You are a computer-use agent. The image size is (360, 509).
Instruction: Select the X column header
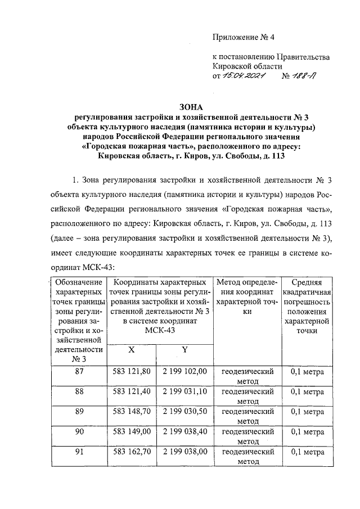pyautogui.click(x=132, y=349)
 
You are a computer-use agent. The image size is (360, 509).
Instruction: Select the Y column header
pyautogui.click(x=183, y=349)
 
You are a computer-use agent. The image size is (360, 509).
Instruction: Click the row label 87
pyautogui.click(x=79, y=372)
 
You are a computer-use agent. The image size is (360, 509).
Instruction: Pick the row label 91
pyautogui.click(x=79, y=452)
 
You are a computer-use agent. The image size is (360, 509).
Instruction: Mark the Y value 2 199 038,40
pyautogui.click(x=183, y=432)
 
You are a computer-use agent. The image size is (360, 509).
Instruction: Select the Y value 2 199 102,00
pyautogui.click(x=183, y=372)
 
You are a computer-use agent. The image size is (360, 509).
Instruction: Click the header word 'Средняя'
pyautogui.click(x=308, y=282)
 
